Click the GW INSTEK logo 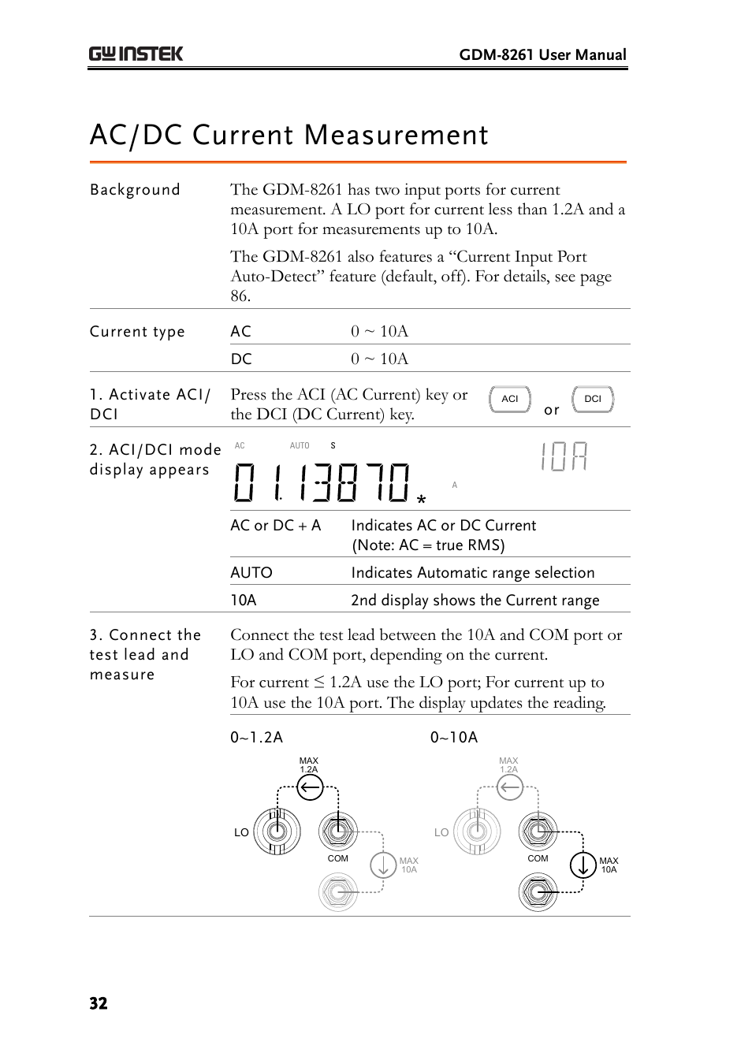coord(136,54)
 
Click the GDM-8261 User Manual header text coord(542,54)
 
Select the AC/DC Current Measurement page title coord(289,135)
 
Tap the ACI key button coord(510,399)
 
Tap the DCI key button coord(593,399)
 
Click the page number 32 coord(99,1003)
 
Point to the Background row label coord(135,190)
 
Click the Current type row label coord(137,332)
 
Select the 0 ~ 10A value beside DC coord(379,359)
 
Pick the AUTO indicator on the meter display coord(300,445)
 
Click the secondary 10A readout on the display coord(564,457)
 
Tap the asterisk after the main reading coord(422,500)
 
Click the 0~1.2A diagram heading coord(256,737)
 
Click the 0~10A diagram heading coord(454,737)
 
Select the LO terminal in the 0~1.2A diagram coord(277,831)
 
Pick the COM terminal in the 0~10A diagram coord(538,831)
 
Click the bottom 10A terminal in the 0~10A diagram coord(538,892)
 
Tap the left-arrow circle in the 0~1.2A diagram coord(310,787)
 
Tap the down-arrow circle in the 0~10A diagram coord(583,865)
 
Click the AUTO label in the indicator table coord(251,573)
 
